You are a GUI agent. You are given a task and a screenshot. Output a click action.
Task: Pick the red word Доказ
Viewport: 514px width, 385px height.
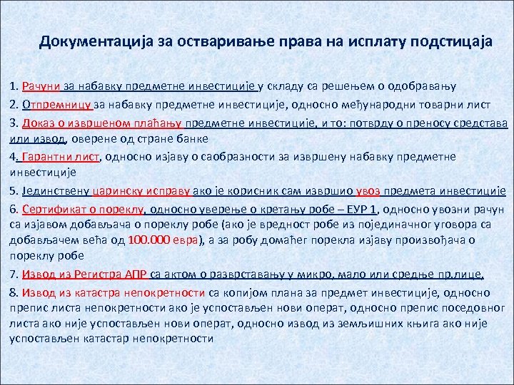pyautogui.click(x=39, y=121)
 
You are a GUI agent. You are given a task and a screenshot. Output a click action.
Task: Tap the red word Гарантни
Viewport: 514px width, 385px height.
pyautogui.click(x=46, y=155)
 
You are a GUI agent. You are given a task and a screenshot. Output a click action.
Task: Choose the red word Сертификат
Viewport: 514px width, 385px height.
pyautogui.click(x=52, y=208)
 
